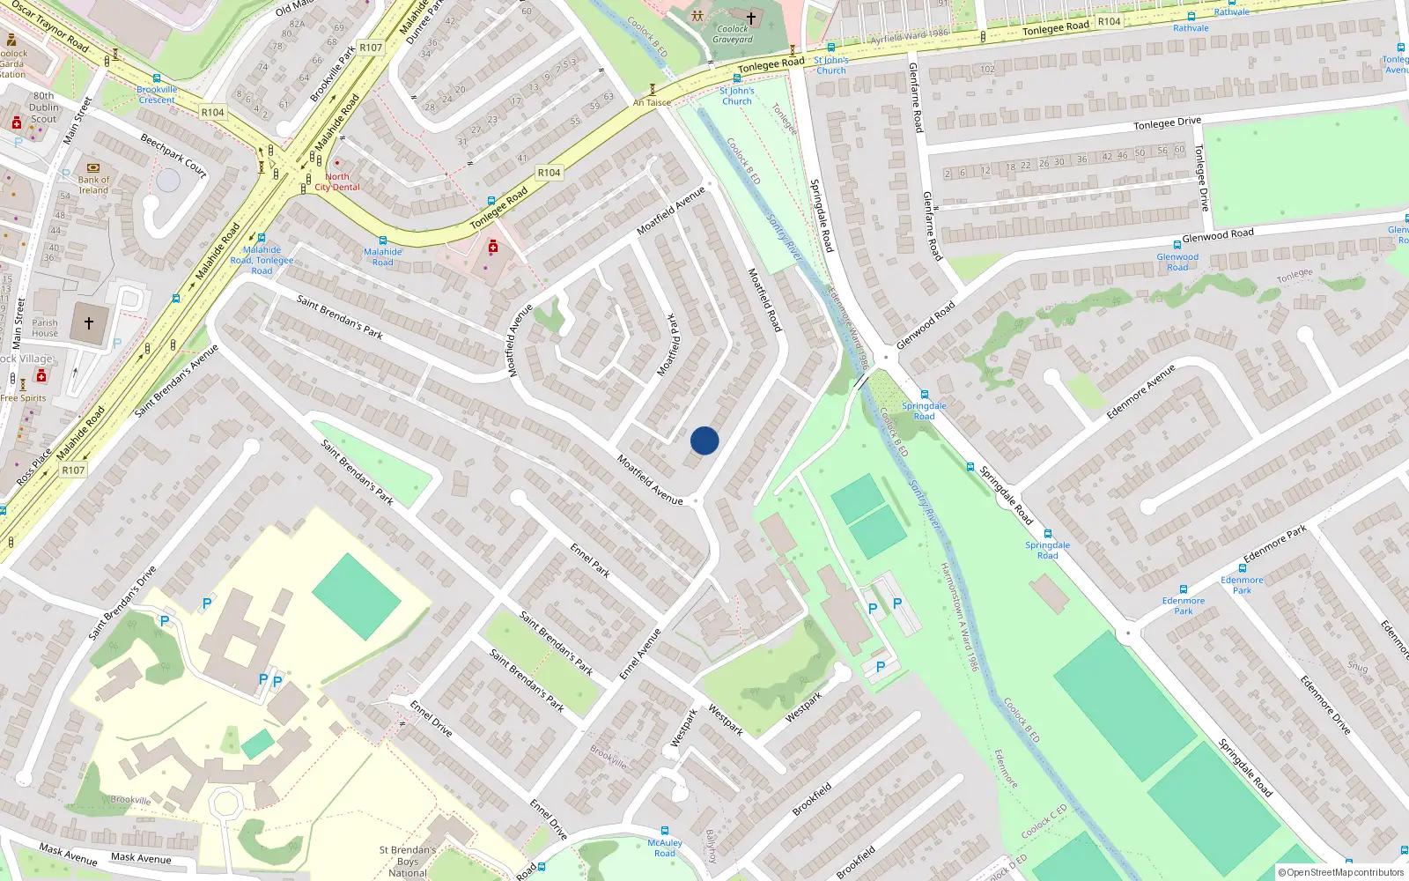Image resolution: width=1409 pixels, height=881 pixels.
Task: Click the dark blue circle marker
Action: coord(704,440)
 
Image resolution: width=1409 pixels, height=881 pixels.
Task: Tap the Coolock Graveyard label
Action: coord(733,34)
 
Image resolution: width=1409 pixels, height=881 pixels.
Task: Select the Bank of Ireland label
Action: coord(93,185)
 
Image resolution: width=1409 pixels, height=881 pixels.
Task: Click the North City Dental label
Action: coord(337,182)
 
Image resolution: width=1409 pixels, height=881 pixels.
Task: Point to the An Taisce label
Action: coord(652,103)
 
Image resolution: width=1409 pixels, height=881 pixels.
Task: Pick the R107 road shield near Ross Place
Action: coord(73,470)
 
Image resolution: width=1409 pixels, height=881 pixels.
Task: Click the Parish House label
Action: coord(45,328)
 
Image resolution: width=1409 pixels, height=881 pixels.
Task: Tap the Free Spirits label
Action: coord(24,398)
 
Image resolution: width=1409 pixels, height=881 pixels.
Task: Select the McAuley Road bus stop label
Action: coord(665,848)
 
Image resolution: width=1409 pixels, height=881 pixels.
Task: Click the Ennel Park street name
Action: coord(590,560)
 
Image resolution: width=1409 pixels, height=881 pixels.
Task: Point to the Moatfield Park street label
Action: coord(669,345)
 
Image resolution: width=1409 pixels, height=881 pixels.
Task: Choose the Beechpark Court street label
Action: coord(173,156)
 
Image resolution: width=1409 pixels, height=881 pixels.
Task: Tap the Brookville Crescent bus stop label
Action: coord(157,94)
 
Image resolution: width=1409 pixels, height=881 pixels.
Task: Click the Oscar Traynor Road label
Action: coord(50,27)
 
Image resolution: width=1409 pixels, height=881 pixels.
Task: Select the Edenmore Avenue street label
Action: coord(1140,391)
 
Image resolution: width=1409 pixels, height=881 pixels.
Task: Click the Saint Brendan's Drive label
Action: coord(122,603)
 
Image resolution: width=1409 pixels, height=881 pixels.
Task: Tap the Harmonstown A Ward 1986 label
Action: coord(959,617)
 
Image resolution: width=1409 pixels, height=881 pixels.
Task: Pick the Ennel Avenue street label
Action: coord(640,654)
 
